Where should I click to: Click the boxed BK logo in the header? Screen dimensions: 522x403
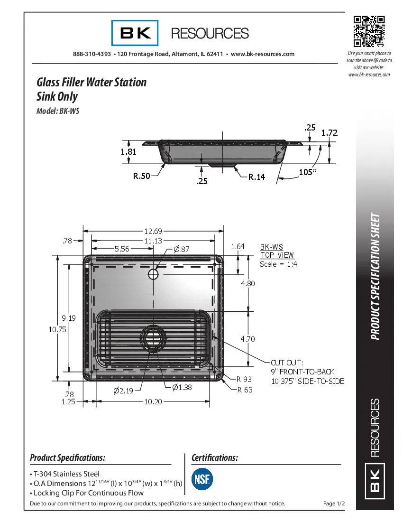[136, 33]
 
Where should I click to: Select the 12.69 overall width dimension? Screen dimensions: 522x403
[153, 231]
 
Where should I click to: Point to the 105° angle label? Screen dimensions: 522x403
[307, 172]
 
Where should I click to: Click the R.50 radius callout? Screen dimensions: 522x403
[141, 176]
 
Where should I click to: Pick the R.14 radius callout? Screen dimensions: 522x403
[256, 177]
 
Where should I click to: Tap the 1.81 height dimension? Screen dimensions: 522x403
[128, 152]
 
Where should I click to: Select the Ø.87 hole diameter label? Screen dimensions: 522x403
[181, 249]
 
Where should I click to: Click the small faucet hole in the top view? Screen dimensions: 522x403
[153, 274]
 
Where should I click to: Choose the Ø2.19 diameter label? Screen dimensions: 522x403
[124, 390]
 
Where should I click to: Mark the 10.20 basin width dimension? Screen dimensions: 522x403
[153, 401]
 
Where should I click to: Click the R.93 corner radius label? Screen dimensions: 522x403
[244, 379]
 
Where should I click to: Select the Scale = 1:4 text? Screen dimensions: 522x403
[278, 264]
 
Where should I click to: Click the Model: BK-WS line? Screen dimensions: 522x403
[58, 112]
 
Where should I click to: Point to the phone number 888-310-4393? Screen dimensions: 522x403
[92, 54]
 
